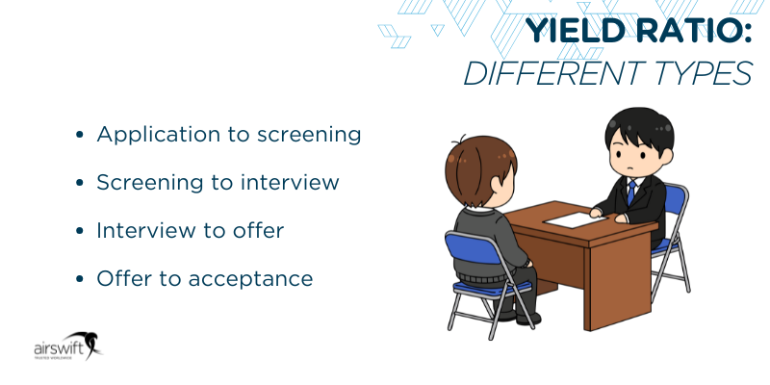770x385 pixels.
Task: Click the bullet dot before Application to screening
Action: (80, 136)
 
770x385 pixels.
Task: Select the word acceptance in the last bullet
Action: (253, 279)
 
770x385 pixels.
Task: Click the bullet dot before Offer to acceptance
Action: (80, 280)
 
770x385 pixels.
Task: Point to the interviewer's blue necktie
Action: (631, 193)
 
